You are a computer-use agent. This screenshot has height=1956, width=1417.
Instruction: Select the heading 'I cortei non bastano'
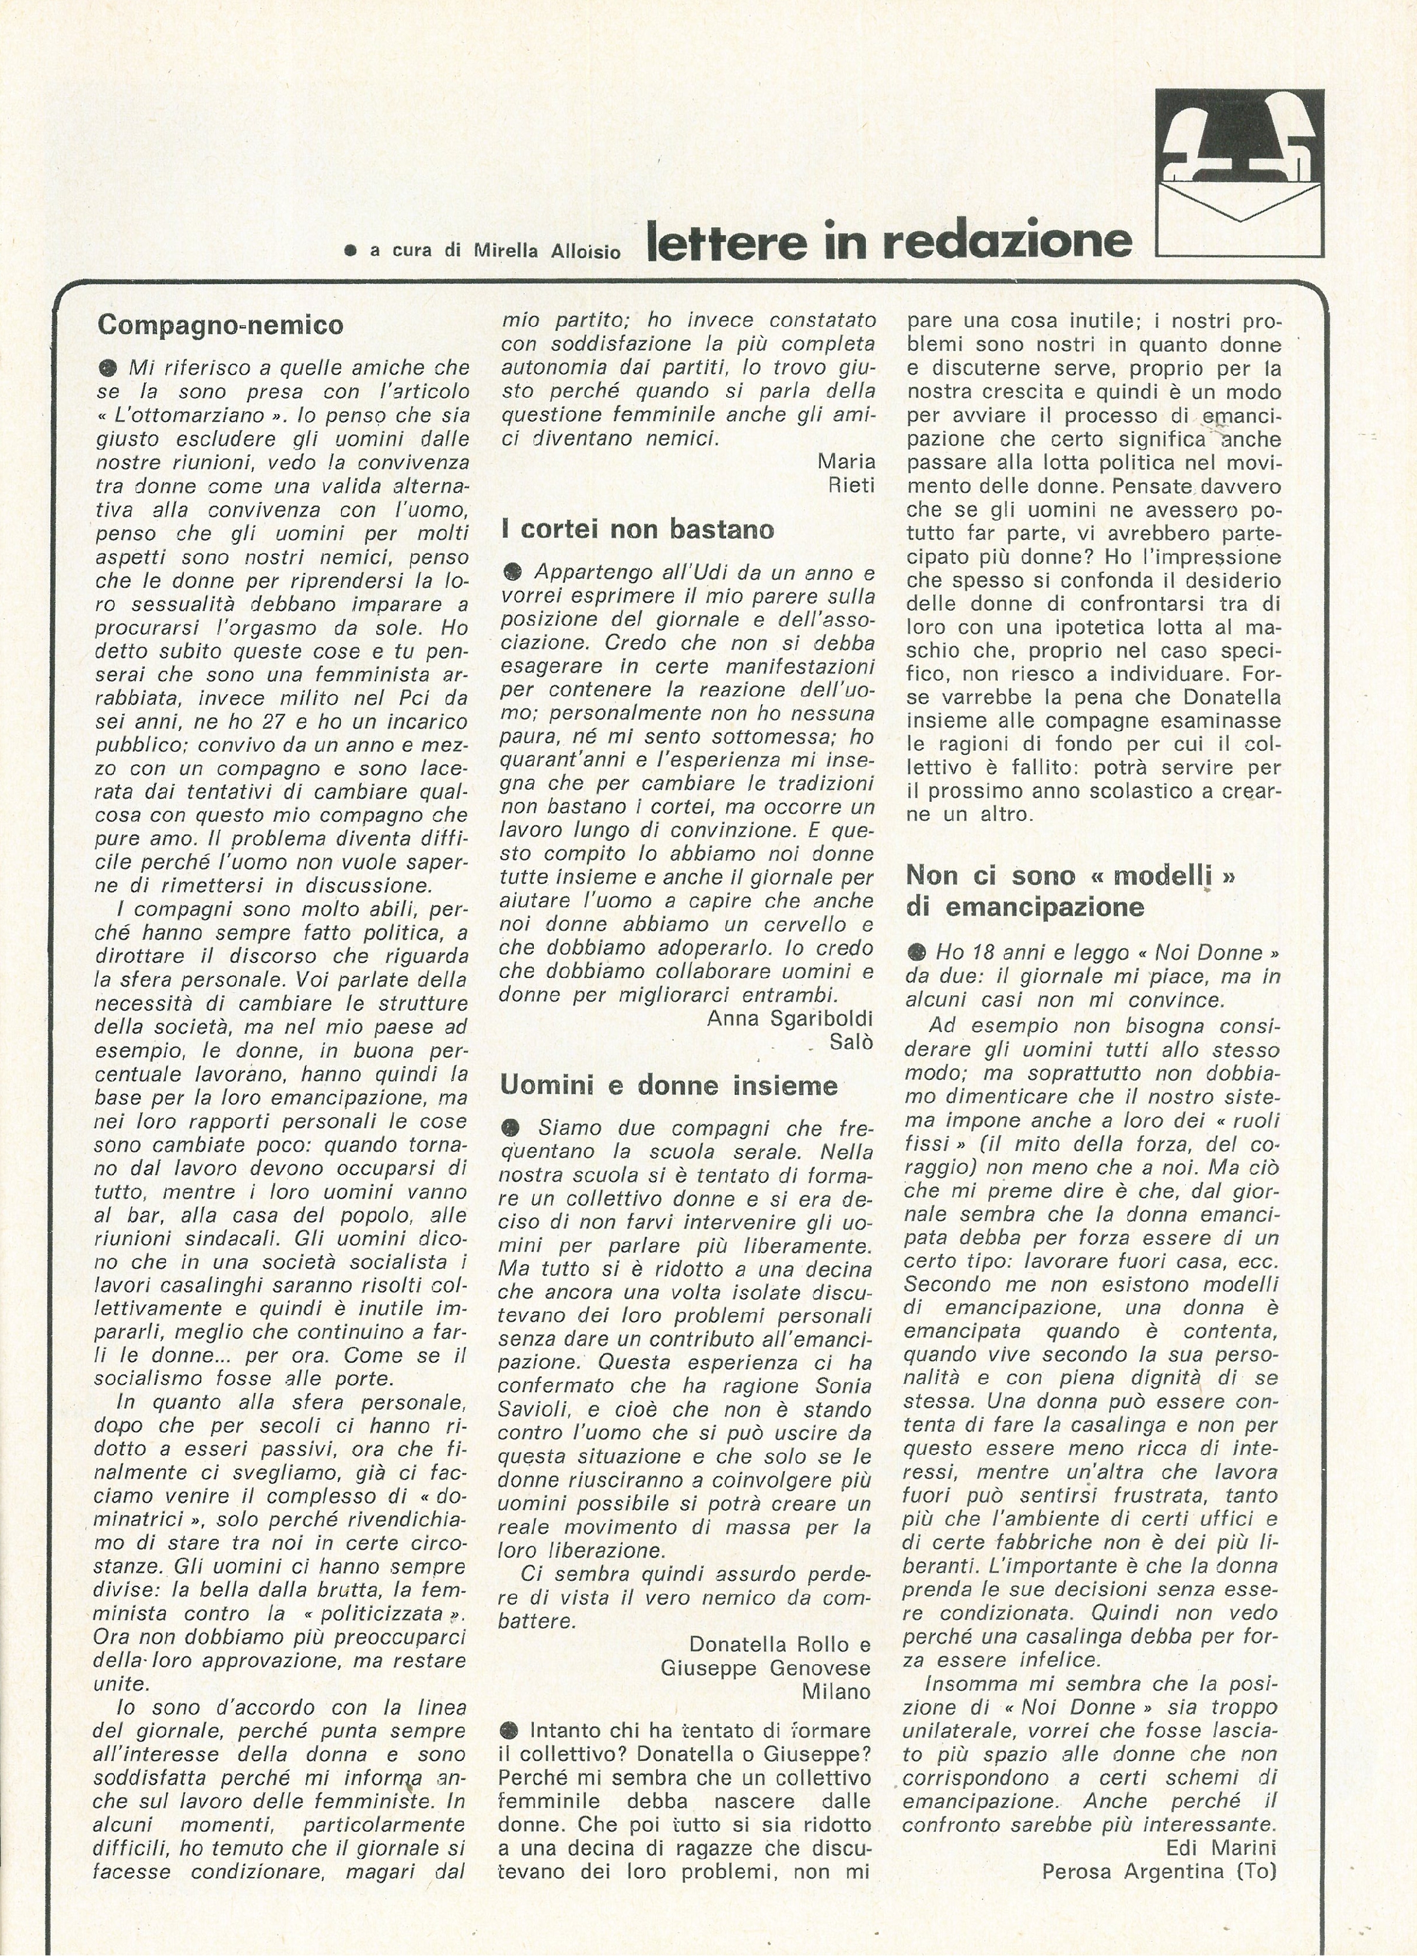[638, 529]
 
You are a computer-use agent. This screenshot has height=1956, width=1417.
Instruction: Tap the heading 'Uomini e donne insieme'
[669, 1085]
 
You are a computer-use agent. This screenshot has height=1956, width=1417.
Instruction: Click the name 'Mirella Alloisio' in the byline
[547, 251]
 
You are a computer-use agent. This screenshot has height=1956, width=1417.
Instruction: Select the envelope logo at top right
[1238, 173]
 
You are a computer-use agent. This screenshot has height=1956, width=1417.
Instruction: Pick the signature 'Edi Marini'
[1220, 1848]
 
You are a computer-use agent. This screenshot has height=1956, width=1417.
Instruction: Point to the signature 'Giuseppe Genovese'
[765, 1668]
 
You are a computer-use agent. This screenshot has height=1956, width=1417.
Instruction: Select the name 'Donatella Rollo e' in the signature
[779, 1644]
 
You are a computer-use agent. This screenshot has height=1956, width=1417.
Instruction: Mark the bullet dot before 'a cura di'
[350, 251]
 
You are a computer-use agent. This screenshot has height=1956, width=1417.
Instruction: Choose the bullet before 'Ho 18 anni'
[916, 953]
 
